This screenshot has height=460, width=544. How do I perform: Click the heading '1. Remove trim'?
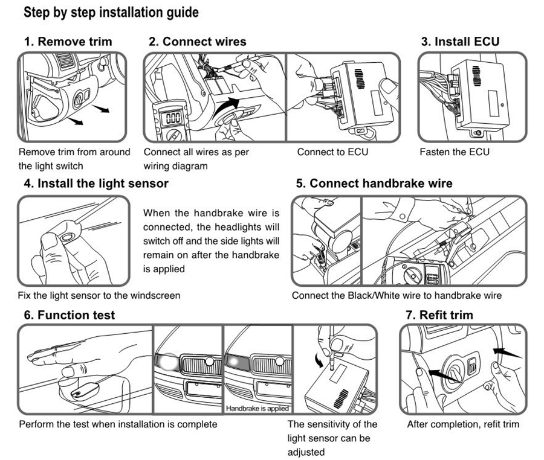point(68,42)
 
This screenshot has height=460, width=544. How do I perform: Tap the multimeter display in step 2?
point(173,117)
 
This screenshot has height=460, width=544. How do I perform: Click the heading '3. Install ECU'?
point(460,42)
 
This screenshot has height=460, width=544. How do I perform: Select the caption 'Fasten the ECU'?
point(454,152)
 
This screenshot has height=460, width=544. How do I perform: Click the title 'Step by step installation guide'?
point(111,12)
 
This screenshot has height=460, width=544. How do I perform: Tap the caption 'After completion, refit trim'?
point(463,424)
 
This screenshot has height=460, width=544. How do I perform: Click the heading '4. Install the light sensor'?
point(96,183)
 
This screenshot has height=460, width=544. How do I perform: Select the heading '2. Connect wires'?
point(198,42)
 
